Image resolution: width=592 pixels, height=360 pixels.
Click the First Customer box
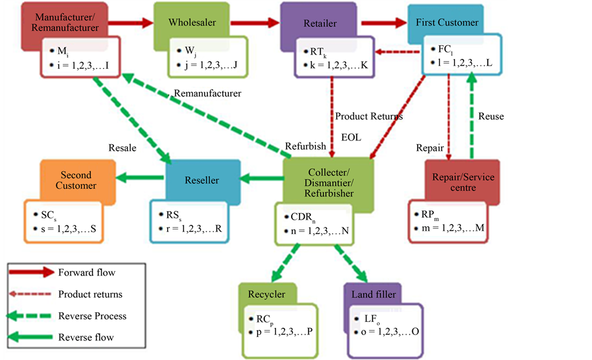(x=446, y=22)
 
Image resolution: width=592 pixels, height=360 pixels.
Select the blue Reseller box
(x=201, y=180)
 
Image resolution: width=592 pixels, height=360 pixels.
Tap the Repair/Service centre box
(x=464, y=183)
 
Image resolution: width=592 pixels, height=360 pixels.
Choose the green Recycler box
(x=267, y=294)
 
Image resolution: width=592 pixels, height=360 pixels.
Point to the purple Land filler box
(x=372, y=294)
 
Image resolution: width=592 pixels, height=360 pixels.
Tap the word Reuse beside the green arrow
(x=491, y=116)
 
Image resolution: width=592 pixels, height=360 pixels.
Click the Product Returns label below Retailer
(x=369, y=116)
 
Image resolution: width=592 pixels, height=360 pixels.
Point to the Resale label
(x=123, y=148)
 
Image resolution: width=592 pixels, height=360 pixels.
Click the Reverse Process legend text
(x=92, y=316)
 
